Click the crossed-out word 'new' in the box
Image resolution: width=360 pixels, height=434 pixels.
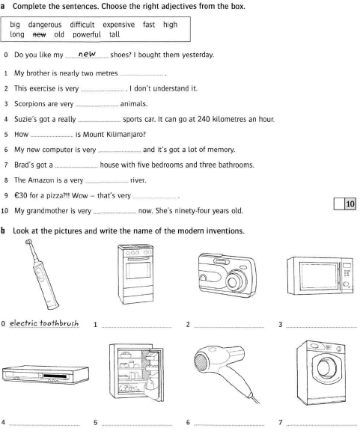40,34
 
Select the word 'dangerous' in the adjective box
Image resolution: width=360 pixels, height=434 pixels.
45,25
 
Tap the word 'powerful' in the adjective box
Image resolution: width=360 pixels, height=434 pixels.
87,34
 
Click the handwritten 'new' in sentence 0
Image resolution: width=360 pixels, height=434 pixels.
87,54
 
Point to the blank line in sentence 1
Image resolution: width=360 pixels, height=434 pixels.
141,75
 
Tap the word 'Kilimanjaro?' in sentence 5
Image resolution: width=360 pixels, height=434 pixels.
126,135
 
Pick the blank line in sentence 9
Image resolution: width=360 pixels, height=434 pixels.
155,198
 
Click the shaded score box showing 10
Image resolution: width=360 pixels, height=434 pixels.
350,204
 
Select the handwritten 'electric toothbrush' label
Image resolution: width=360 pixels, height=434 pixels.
44,323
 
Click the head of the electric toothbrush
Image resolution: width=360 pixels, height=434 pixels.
28,242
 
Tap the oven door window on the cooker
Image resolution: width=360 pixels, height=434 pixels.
138,270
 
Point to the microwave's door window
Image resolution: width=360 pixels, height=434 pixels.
320,276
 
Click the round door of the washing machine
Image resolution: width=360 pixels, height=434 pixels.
326,367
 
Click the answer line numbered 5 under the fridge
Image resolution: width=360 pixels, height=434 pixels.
136,425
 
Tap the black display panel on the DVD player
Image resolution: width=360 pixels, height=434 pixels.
55,376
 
